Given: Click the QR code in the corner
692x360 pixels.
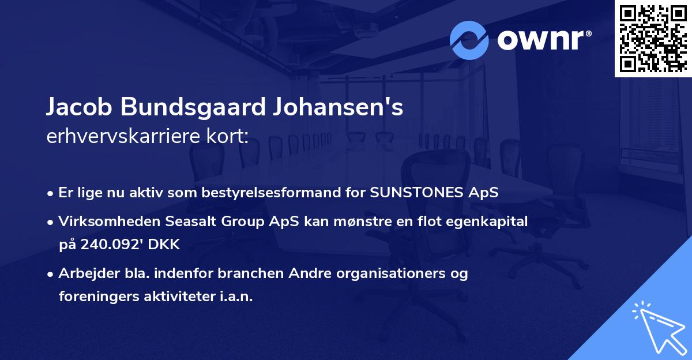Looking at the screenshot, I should [x=653, y=39].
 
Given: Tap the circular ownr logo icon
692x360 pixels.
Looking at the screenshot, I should [x=469, y=40].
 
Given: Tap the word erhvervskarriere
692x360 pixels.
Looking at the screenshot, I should [x=116, y=137].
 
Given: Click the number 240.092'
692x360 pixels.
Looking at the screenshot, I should [x=112, y=245].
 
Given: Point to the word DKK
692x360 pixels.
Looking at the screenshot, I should [x=164, y=245].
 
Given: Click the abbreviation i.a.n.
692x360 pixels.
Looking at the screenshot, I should [x=235, y=297].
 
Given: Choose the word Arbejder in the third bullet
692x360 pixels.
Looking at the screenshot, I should [x=84, y=273].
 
